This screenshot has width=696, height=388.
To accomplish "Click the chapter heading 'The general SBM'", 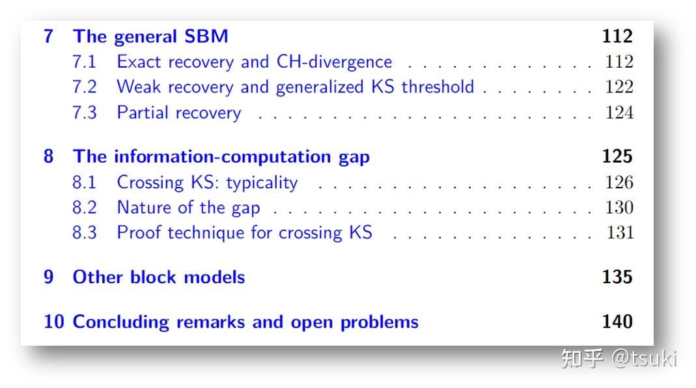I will pos(150,36).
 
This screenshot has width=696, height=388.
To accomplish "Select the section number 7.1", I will pos(84,62).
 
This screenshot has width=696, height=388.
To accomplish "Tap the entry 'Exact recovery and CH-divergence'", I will pos(254,62).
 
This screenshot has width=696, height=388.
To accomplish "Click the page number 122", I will pos(619,87).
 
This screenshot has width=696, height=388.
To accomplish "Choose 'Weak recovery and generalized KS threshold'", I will pos(295,87).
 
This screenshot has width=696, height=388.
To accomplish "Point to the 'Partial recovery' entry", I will pos(178,113).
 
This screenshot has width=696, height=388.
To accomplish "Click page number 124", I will pos(619,113).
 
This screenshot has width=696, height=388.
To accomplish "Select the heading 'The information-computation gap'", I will pos(221,157).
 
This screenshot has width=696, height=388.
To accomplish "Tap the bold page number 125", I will pos(617,157).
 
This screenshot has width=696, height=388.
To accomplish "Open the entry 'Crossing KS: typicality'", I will pos(207,182).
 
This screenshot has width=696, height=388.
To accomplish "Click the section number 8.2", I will pos(84,208).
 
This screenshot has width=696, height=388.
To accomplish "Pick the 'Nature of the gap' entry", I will pos(188,208).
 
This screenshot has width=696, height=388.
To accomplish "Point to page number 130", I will pos(619,208).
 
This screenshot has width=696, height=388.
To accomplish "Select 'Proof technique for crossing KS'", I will pos(244,233).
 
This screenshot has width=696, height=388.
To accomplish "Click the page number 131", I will pos(619,233).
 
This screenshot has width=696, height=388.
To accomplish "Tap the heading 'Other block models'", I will pos(158,277).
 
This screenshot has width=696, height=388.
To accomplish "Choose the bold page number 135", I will pos(617,277).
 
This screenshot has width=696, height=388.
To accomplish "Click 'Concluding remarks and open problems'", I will pos(245,322).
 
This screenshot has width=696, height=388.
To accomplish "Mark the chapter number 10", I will pos(53,322).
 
